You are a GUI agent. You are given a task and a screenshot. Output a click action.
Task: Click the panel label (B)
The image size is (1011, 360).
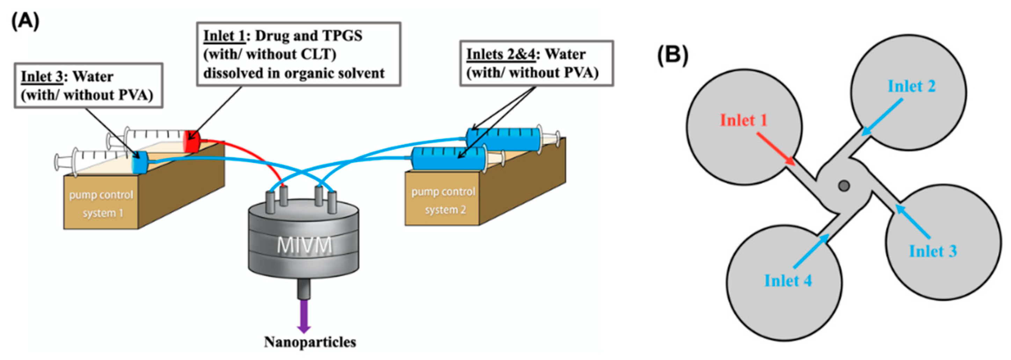click(x=673, y=55)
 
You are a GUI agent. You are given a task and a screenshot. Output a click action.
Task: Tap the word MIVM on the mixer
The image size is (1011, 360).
click(x=304, y=245)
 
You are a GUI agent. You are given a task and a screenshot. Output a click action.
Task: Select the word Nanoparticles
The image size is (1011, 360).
click(x=310, y=342)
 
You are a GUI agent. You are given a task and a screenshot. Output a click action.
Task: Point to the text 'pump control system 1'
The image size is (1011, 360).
click(x=101, y=204)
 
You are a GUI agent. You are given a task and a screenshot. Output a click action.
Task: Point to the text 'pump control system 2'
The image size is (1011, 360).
click(x=443, y=201)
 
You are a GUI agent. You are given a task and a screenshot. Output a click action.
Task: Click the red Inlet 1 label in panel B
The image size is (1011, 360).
click(x=743, y=120)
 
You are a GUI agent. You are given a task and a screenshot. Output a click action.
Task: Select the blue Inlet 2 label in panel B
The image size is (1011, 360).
click(x=911, y=86)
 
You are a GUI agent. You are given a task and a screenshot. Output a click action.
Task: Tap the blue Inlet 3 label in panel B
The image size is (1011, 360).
click(x=932, y=251)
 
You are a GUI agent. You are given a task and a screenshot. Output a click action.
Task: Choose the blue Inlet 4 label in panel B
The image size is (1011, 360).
click(x=788, y=281)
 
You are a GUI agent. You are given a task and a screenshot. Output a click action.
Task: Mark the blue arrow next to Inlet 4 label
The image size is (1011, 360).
click(x=811, y=251)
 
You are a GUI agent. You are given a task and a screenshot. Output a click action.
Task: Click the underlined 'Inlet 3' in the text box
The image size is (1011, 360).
click(x=42, y=77)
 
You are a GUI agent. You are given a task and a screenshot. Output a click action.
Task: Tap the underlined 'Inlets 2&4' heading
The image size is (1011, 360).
click(x=500, y=54)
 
